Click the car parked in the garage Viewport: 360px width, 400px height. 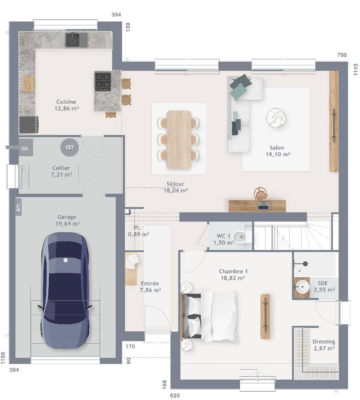point(65,290)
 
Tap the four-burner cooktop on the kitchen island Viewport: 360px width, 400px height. point(103,82)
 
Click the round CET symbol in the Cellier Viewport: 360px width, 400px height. point(69,147)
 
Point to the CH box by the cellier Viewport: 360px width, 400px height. point(25,148)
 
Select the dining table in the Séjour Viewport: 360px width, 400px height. point(179,140)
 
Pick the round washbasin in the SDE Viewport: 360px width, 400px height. point(302,287)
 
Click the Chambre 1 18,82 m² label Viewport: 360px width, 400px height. point(232,275)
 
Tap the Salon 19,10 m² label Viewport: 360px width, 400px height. point(277,151)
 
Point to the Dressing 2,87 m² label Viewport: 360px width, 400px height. point(324,345)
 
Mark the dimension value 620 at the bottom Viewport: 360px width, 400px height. point(175,395)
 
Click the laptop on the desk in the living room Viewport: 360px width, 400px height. point(263,205)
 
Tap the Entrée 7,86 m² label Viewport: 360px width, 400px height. point(150,287)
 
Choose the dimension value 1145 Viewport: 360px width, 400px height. point(355,69)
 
